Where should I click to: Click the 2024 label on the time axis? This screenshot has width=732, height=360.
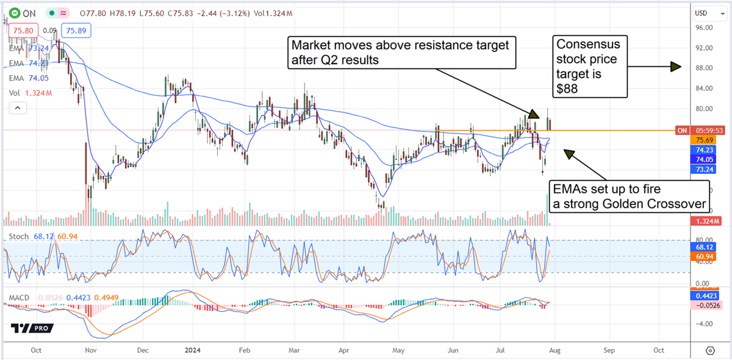click(x=192, y=351)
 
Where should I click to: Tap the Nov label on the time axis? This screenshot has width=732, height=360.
click(x=90, y=351)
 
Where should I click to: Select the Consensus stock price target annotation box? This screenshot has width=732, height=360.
click(x=590, y=66)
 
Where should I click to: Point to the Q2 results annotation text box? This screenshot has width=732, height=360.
click(x=401, y=52)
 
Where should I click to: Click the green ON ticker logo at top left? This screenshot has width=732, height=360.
click(x=13, y=12)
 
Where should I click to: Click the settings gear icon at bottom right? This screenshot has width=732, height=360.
click(x=709, y=351)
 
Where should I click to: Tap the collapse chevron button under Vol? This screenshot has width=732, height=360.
click(x=18, y=108)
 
